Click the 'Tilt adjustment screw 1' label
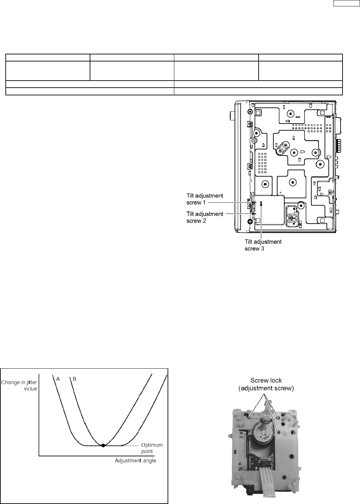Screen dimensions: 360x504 pos(205,199)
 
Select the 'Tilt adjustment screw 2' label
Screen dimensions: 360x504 pos(205,217)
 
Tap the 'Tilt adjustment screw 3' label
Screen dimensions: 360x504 pos(263,245)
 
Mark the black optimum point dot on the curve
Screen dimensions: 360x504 pos(103,446)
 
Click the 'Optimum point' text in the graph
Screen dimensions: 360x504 pos(152,448)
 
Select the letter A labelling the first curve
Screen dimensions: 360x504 pos(58,379)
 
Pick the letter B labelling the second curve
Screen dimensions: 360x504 pos(75,379)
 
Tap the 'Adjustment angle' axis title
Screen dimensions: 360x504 pos(136,461)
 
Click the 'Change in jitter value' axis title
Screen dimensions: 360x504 pos(19,385)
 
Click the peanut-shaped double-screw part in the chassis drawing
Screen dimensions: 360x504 pos(282,148)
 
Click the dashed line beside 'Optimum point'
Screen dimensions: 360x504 pos(131,446)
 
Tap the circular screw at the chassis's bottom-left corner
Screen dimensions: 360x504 pos(250,222)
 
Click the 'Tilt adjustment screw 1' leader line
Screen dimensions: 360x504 pos(235,202)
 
